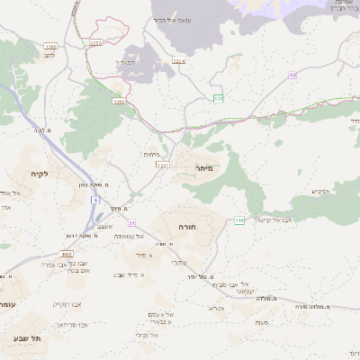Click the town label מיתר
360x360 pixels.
(x=202, y=168)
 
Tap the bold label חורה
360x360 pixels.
(x=187, y=228)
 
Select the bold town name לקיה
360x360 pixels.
(x=38, y=173)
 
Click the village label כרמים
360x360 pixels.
(x=152, y=155)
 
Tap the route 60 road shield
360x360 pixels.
(x=292, y=76)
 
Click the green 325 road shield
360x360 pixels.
(x=219, y=97)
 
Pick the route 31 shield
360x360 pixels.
(x=131, y=223)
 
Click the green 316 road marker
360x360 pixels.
(x=239, y=220)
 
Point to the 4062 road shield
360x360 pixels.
(x=67, y=255)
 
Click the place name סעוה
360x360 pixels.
(x=262, y=321)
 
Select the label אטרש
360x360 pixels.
(x=216, y=308)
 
